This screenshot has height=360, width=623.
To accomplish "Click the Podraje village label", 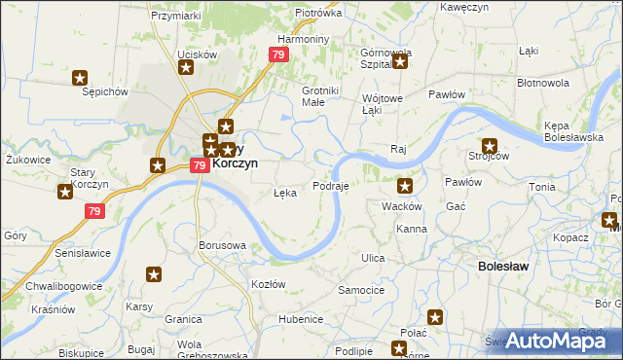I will [x=331, y=185].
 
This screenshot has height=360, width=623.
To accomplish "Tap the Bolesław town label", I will [x=503, y=265].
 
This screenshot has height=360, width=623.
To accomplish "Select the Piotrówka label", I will [x=318, y=14].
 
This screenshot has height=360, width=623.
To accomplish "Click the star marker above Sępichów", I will [x=81, y=78].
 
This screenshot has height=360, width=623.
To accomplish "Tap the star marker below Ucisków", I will [x=186, y=67].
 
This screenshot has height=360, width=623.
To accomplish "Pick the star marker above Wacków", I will [x=405, y=185].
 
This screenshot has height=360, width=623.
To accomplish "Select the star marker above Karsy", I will [x=154, y=276].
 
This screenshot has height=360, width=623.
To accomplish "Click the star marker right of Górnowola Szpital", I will [x=399, y=63].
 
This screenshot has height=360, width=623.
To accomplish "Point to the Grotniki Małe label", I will [x=320, y=95].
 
